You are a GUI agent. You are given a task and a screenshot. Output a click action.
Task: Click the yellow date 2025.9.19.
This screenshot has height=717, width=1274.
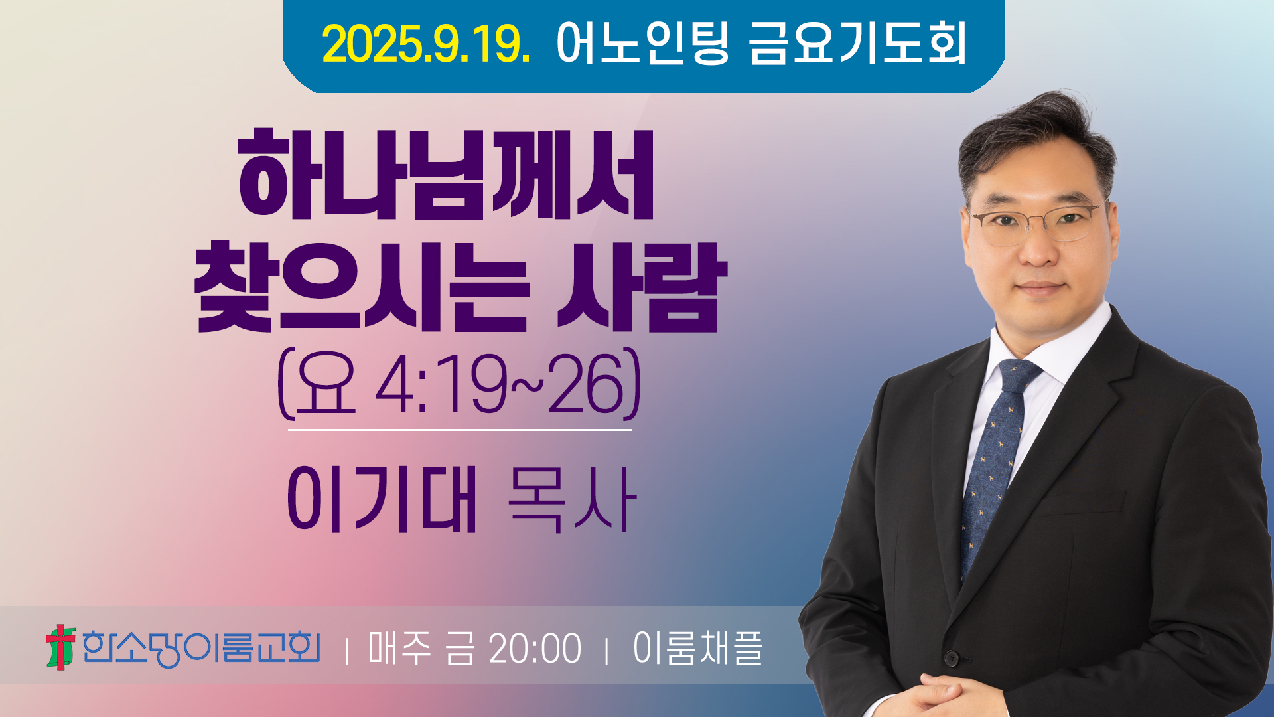point(426,44)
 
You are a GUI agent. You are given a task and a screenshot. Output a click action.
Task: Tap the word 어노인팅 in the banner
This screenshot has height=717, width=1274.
point(643,43)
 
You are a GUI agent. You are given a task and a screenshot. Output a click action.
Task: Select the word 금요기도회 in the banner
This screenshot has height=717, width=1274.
point(857,43)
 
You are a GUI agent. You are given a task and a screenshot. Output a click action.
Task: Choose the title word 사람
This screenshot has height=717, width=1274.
point(642,287)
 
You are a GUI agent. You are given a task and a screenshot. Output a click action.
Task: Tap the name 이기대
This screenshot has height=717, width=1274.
point(382,499)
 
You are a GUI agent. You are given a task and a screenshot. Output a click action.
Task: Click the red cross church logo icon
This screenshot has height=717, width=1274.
point(60,647)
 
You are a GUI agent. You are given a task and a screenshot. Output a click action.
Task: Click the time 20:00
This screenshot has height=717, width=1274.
point(535,649)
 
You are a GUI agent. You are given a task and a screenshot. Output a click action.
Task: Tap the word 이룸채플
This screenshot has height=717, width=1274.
point(698,648)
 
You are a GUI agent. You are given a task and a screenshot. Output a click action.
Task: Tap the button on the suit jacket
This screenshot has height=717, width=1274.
point(952,658)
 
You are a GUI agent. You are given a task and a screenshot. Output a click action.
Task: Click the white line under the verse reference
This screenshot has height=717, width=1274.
point(460,430)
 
